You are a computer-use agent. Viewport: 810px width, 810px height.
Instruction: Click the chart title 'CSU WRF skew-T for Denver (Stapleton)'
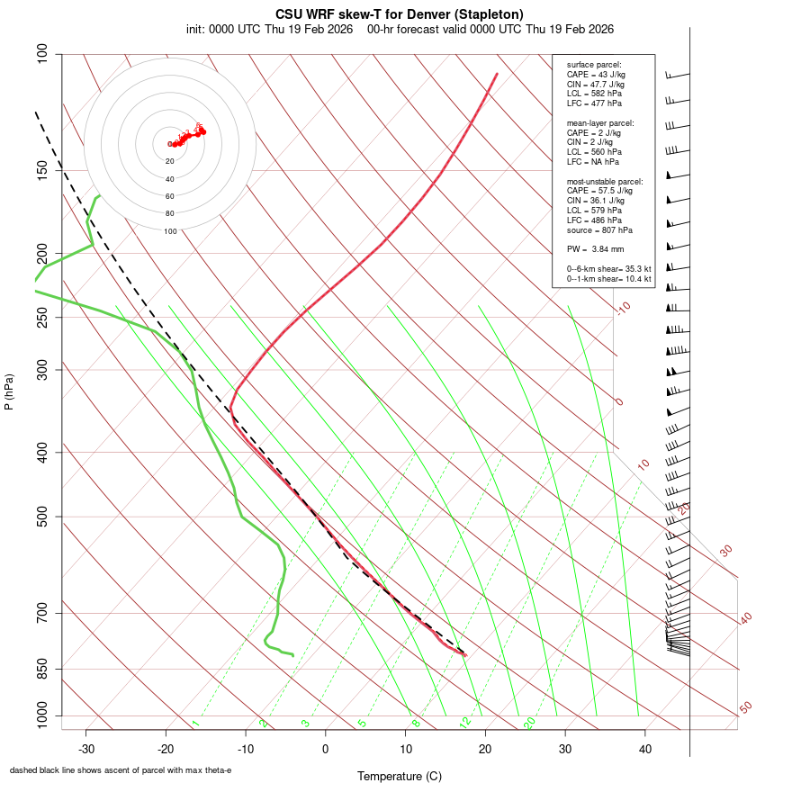400,13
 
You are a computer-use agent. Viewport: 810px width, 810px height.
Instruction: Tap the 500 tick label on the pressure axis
41,517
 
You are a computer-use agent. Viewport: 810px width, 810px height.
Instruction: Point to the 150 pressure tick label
41,170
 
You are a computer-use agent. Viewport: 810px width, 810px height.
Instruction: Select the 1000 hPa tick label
41,716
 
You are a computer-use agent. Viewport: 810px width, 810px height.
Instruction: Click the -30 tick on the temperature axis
86,749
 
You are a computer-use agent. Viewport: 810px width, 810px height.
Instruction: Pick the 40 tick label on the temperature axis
644,749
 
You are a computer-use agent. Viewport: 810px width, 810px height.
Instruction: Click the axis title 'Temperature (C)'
399,776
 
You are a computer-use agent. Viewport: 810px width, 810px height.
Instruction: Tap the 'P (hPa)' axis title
9,391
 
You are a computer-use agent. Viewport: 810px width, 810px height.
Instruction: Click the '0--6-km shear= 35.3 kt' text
608,268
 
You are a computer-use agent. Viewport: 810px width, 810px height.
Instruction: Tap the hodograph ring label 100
169,231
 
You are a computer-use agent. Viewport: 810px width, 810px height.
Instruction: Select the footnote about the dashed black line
121,770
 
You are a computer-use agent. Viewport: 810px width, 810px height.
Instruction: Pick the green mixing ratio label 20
529,722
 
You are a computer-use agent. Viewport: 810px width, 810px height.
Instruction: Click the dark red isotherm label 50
745,707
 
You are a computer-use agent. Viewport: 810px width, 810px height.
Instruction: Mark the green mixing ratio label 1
194,724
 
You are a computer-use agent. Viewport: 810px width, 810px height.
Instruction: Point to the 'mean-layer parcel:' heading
600,122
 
